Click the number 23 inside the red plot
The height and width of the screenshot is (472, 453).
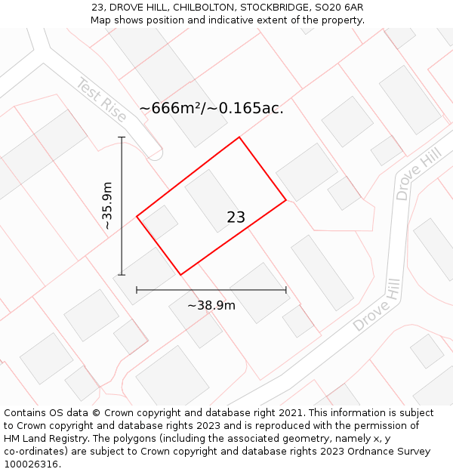pyautogui.click(x=236, y=217)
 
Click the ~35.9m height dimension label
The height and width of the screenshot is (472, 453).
pyautogui.click(x=108, y=205)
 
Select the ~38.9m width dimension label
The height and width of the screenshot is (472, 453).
pyautogui.click(x=211, y=305)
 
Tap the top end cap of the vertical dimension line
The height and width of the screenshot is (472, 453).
pyautogui.click(x=122, y=137)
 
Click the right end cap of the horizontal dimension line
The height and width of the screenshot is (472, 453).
pyautogui.click(x=286, y=289)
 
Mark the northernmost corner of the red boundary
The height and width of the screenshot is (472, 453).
pyautogui.click(x=239, y=137)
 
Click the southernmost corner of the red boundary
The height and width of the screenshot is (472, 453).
pyautogui.click(x=180, y=274)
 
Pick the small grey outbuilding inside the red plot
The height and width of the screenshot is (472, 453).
pyautogui.click(x=160, y=222)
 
